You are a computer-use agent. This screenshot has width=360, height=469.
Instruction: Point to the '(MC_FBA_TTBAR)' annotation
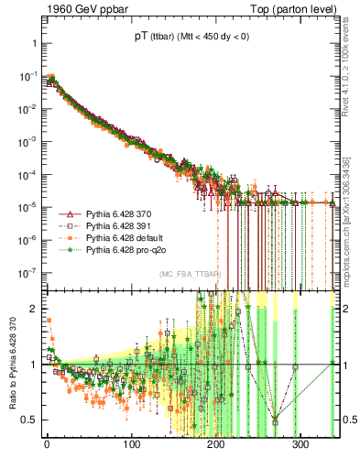click(x=189, y=275)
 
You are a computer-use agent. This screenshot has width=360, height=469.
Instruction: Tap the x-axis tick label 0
click(x=47, y=444)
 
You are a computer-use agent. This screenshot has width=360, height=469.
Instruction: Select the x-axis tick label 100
click(x=132, y=444)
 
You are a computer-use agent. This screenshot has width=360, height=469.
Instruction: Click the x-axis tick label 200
click(x=217, y=444)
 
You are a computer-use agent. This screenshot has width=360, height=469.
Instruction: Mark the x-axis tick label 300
click(x=302, y=444)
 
